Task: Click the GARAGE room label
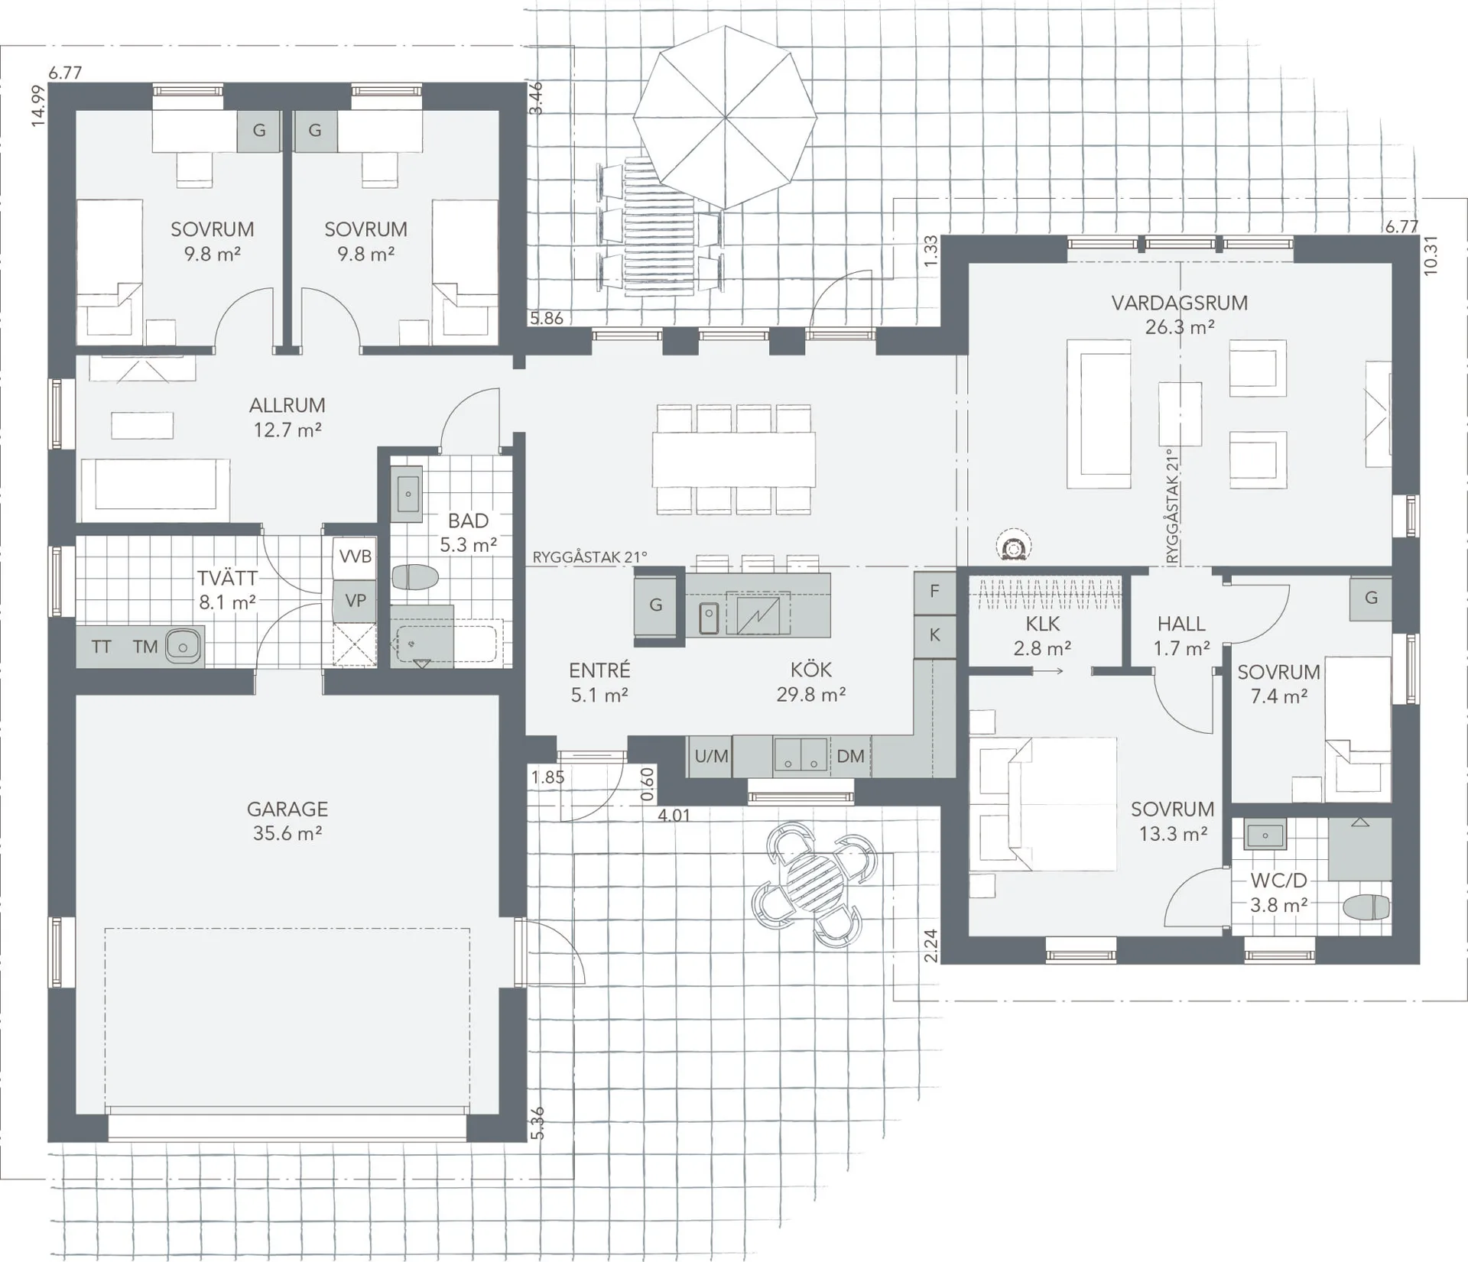287,820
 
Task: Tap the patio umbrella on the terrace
724,117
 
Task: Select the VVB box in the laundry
355,556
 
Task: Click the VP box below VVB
355,601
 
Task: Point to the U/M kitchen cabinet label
710,756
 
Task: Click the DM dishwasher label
849,756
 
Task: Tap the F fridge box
934,591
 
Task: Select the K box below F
934,635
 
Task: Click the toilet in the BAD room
414,577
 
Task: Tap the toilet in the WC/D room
1366,907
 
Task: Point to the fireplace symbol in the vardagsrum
1014,547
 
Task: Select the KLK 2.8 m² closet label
1042,635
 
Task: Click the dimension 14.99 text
37,105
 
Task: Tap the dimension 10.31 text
1431,255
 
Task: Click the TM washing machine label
145,647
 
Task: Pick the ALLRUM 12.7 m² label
287,417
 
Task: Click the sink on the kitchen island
709,617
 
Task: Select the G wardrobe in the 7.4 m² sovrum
1370,597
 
